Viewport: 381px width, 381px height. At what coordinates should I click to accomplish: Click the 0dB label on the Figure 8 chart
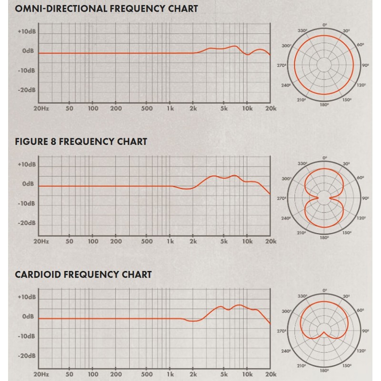click(x=27, y=184)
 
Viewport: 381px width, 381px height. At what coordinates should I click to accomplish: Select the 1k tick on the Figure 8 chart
click(x=170, y=241)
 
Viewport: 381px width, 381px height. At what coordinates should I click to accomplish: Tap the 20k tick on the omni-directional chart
click(x=271, y=109)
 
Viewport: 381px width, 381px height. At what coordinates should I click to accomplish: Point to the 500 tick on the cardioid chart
click(x=148, y=374)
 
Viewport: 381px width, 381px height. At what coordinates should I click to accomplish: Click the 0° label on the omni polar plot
click(x=325, y=24)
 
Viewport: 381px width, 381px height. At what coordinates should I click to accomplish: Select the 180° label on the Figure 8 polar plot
click(x=325, y=237)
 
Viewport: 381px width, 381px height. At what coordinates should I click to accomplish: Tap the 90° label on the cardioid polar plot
click(x=365, y=330)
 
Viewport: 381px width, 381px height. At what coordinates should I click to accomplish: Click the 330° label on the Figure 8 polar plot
click(x=301, y=163)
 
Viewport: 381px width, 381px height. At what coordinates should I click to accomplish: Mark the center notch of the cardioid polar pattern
click(x=325, y=332)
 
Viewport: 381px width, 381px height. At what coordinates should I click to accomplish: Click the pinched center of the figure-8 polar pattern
click(x=325, y=198)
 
